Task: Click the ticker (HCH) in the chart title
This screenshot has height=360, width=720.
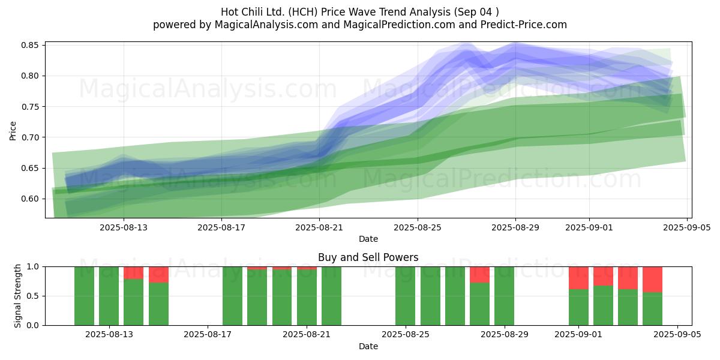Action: tap(303, 12)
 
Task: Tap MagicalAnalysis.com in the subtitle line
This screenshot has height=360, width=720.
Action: tap(266, 25)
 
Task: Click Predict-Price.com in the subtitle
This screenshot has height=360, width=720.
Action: tap(524, 25)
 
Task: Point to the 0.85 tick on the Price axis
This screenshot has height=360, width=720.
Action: tap(29, 45)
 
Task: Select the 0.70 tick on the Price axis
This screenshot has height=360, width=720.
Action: tap(29, 137)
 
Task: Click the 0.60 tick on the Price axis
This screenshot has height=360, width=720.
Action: tap(29, 199)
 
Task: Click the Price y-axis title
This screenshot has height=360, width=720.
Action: tap(13, 131)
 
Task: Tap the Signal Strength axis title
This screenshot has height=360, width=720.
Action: tap(17, 296)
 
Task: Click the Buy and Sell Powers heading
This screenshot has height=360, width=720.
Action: tap(368, 257)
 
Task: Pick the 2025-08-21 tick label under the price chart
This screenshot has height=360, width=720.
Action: tap(319, 227)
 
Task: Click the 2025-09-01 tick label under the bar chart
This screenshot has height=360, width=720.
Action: tap(578, 334)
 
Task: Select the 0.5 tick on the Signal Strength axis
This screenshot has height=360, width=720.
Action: tap(32, 296)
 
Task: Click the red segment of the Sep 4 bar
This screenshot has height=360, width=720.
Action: tap(653, 280)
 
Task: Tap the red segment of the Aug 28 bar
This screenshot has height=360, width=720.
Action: tap(479, 275)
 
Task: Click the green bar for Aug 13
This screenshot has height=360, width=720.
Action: tap(109, 296)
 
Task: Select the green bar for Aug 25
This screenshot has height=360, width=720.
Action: tap(406, 296)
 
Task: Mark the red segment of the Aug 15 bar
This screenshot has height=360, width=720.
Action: tap(158, 275)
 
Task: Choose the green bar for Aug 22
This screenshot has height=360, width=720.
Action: tap(331, 296)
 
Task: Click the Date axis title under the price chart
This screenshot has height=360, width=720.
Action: tap(368, 239)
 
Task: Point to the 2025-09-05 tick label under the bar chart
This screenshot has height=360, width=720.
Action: tap(677, 334)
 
